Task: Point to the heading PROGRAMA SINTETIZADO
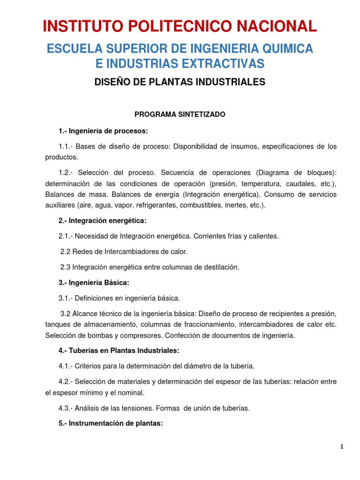180,114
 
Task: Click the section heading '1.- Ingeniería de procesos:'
103,130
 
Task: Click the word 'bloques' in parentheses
316,171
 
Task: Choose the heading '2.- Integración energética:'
103,220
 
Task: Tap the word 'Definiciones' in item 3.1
98,298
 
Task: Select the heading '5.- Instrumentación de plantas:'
111,423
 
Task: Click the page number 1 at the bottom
342,447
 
